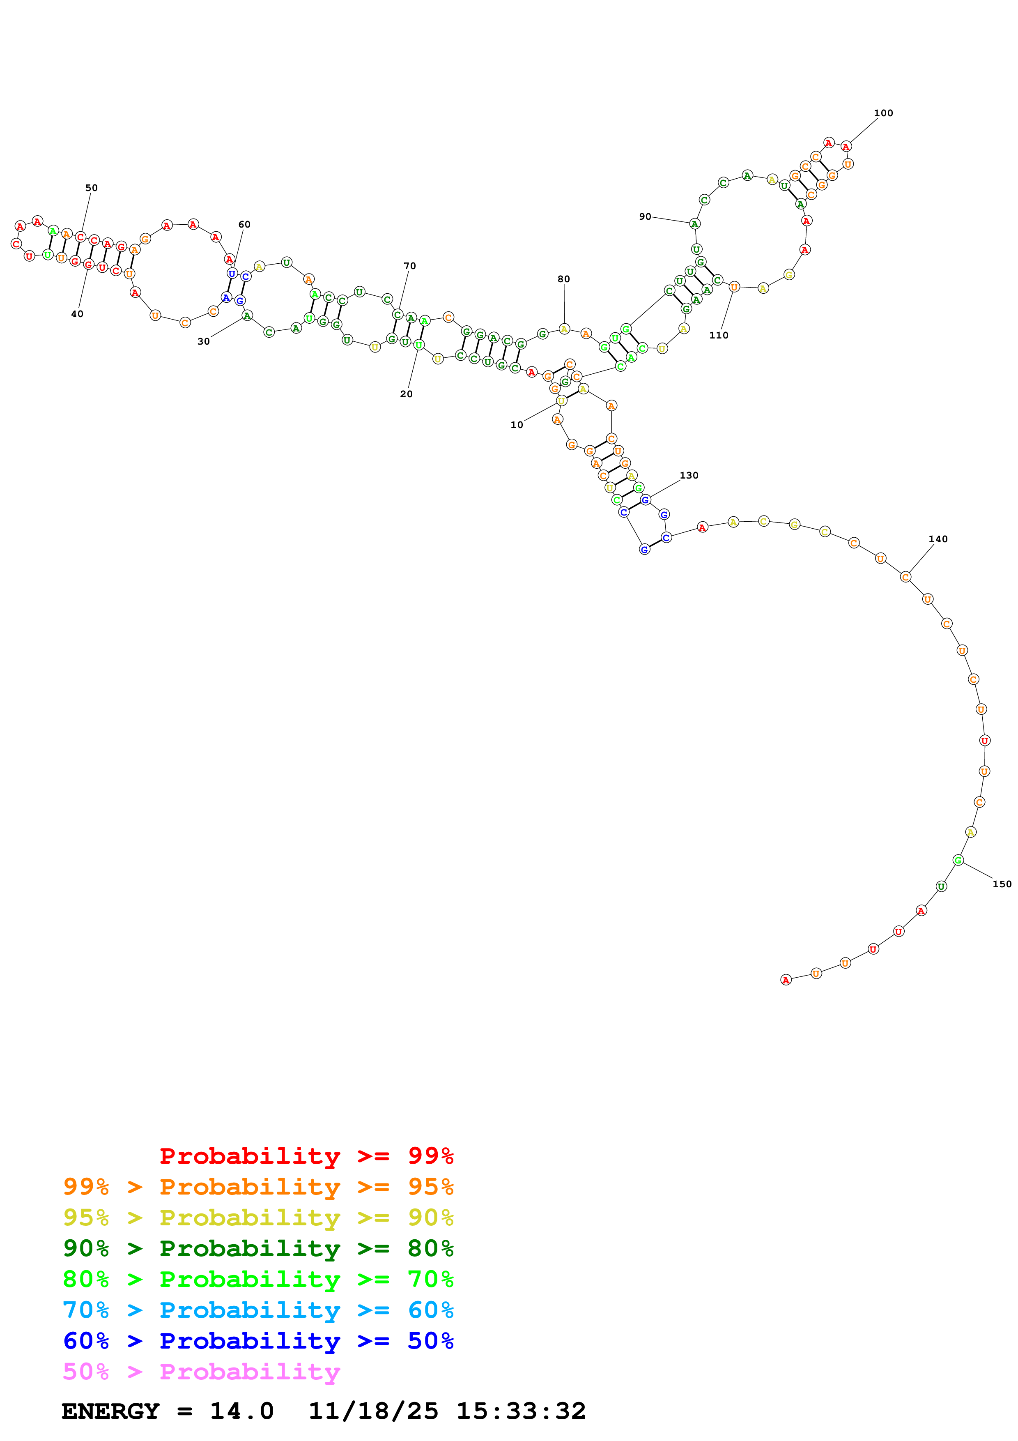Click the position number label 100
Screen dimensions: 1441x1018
(883, 113)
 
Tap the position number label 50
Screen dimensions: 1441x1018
(92, 188)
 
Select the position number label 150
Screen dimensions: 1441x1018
(1002, 884)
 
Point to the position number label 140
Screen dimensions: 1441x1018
(938, 539)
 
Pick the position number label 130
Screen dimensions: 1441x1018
(689, 475)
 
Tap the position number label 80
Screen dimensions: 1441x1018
(563, 279)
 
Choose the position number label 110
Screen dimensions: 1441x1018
(718, 335)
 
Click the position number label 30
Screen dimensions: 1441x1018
(203, 341)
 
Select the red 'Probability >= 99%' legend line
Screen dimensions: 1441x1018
(306, 1156)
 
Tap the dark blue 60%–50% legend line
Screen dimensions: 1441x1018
(258, 1341)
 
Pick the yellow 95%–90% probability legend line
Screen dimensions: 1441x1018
(258, 1217)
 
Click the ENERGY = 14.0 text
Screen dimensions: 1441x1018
(168, 1411)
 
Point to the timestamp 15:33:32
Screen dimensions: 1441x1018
(521, 1411)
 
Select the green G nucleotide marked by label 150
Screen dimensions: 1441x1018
(957, 860)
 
